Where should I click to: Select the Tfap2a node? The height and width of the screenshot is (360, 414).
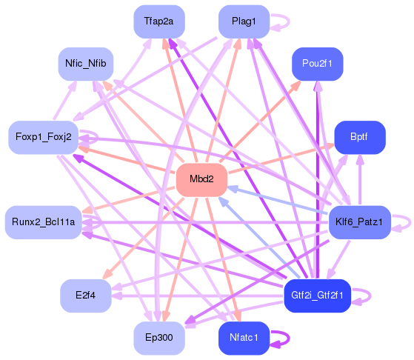pyautogui.click(x=158, y=21)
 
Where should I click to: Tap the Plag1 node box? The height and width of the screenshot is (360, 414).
pyautogui.click(x=244, y=21)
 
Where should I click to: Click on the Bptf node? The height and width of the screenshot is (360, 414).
pyautogui.click(x=359, y=137)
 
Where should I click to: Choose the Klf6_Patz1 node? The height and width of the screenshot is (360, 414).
pyautogui.click(x=358, y=222)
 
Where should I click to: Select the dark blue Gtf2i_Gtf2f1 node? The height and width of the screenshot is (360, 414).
pyautogui.click(x=318, y=296)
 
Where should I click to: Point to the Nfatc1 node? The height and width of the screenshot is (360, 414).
pyautogui.click(x=244, y=338)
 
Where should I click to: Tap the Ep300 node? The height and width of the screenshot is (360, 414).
pyautogui.click(x=158, y=338)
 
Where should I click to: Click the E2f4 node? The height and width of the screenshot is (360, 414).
pyautogui.click(x=85, y=296)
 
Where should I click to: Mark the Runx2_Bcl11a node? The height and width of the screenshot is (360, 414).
pyautogui.click(x=43, y=222)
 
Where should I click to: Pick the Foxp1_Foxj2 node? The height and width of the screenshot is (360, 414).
pyautogui.click(x=43, y=137)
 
